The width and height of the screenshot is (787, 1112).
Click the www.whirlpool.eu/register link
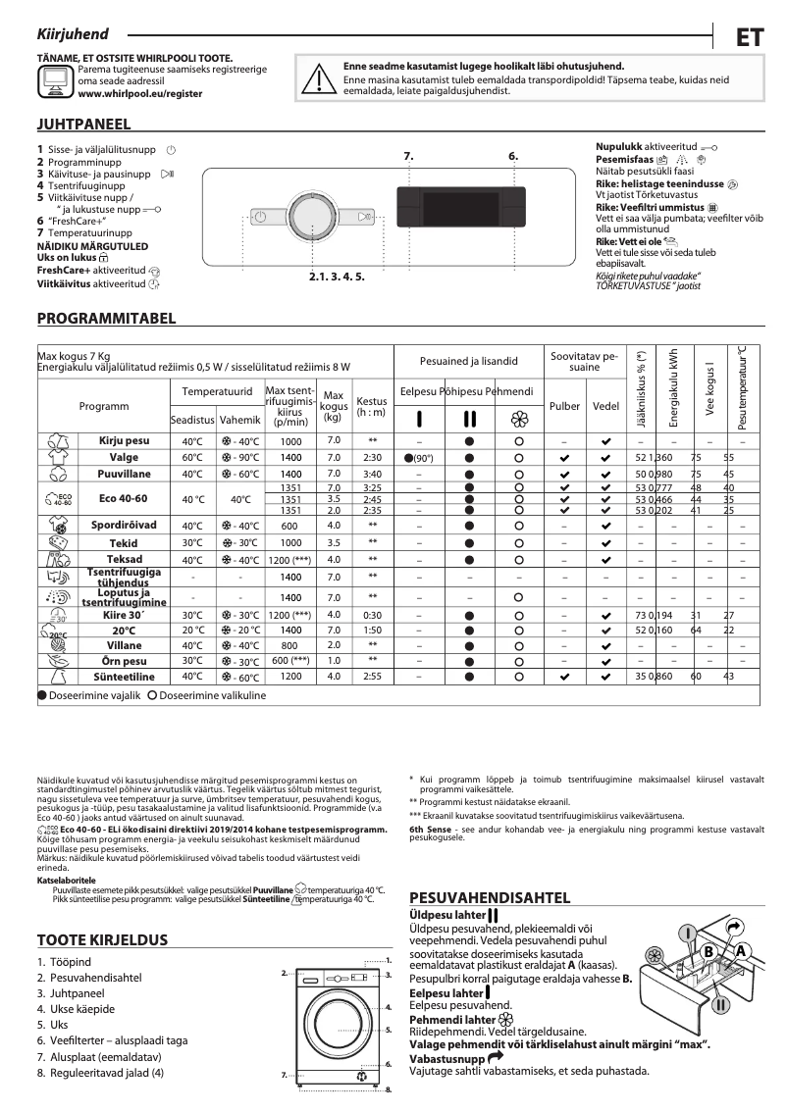139,93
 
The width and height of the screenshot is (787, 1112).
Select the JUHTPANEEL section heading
83,126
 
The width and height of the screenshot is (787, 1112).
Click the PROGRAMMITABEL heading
106,319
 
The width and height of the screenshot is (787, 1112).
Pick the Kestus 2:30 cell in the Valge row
372,458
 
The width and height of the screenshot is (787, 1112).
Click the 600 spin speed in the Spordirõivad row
290,526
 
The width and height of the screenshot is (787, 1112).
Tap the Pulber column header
564,405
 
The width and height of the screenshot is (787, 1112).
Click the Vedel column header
605,405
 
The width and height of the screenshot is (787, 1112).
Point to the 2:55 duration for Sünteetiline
372,677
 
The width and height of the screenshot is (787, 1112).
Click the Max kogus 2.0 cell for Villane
334,645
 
